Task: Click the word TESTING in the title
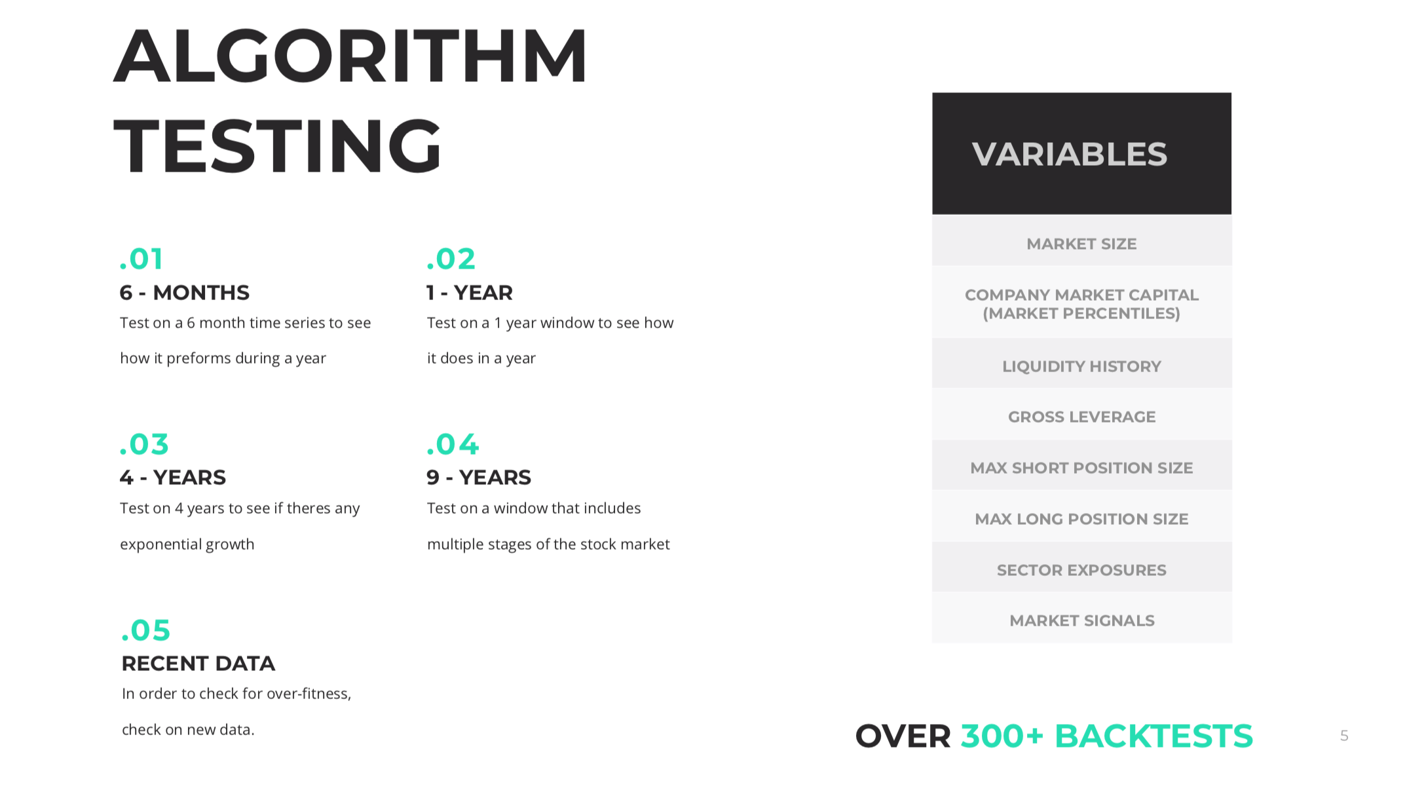coord(278,145)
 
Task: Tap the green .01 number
coord(141,259)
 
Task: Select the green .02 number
coord(451,259)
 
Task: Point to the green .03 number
coord(144,444)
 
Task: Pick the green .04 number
coord(453,444)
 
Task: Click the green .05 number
coord(145,630)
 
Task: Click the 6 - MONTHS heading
coord(185,292)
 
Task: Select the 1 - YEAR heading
coord(470,292)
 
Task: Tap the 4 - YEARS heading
coord(173,478)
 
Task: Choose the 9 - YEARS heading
coord(479,478)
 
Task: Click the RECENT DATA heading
coord(198,664)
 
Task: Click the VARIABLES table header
coord(1081,153)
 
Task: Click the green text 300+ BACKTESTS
coord(1106,736)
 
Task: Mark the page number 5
coord(1344,736)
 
